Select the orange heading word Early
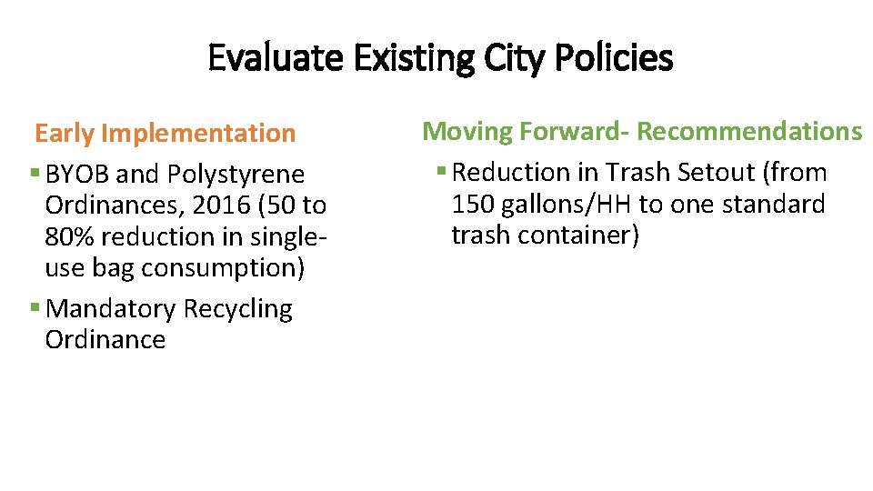click(x=65, y=134)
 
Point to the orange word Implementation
click(x=198, y=134)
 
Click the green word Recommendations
click(x=748, y=132)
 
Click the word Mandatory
click(x=110, y=309)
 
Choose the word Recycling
click(x=237, y=309)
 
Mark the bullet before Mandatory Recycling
click(x=34, y=309)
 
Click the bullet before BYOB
click(x=34, y=174)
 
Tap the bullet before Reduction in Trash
click(x=441, y=172)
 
